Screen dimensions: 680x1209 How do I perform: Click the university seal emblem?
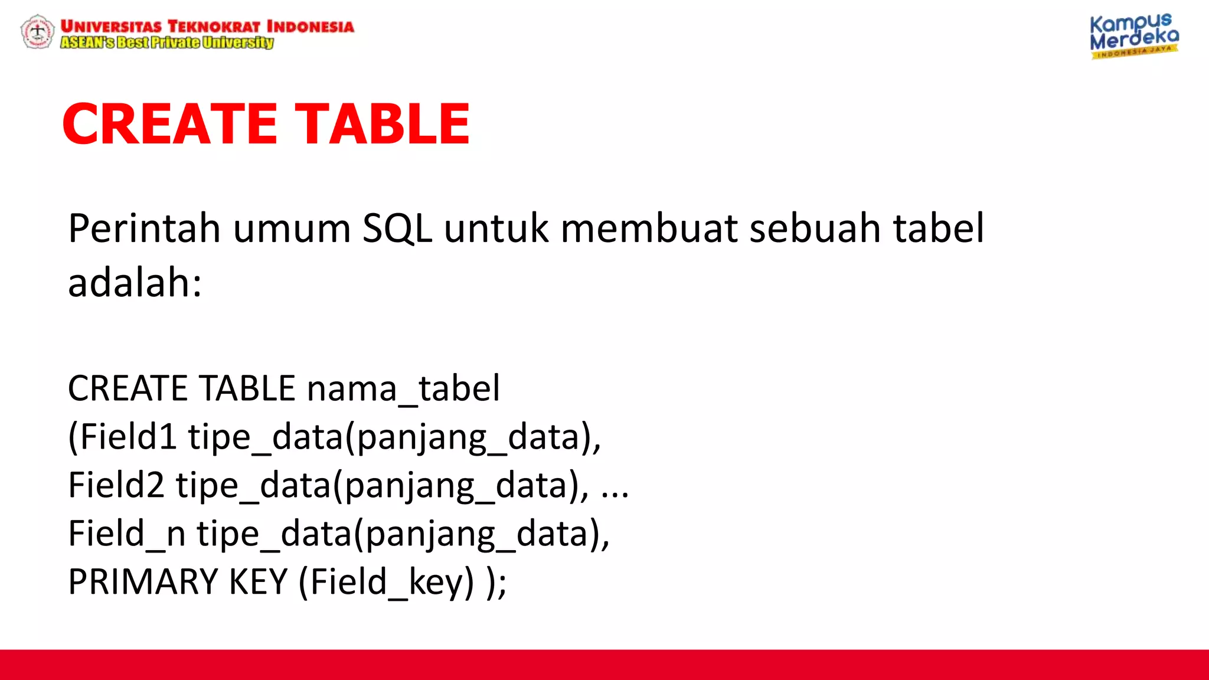37,32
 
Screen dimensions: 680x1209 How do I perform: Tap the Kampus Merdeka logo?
1133,35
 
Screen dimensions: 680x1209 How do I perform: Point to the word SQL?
397,228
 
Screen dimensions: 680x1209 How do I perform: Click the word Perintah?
144,228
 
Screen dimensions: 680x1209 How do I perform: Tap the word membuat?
649,228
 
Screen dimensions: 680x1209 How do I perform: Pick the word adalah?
135,283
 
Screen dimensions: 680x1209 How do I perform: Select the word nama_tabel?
403,388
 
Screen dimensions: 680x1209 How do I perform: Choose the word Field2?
116,485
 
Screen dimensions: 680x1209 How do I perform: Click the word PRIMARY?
143,582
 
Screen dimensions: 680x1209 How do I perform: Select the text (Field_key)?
386,582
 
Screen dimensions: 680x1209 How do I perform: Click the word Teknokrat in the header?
214,27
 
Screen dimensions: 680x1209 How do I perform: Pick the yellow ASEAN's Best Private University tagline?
167,42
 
